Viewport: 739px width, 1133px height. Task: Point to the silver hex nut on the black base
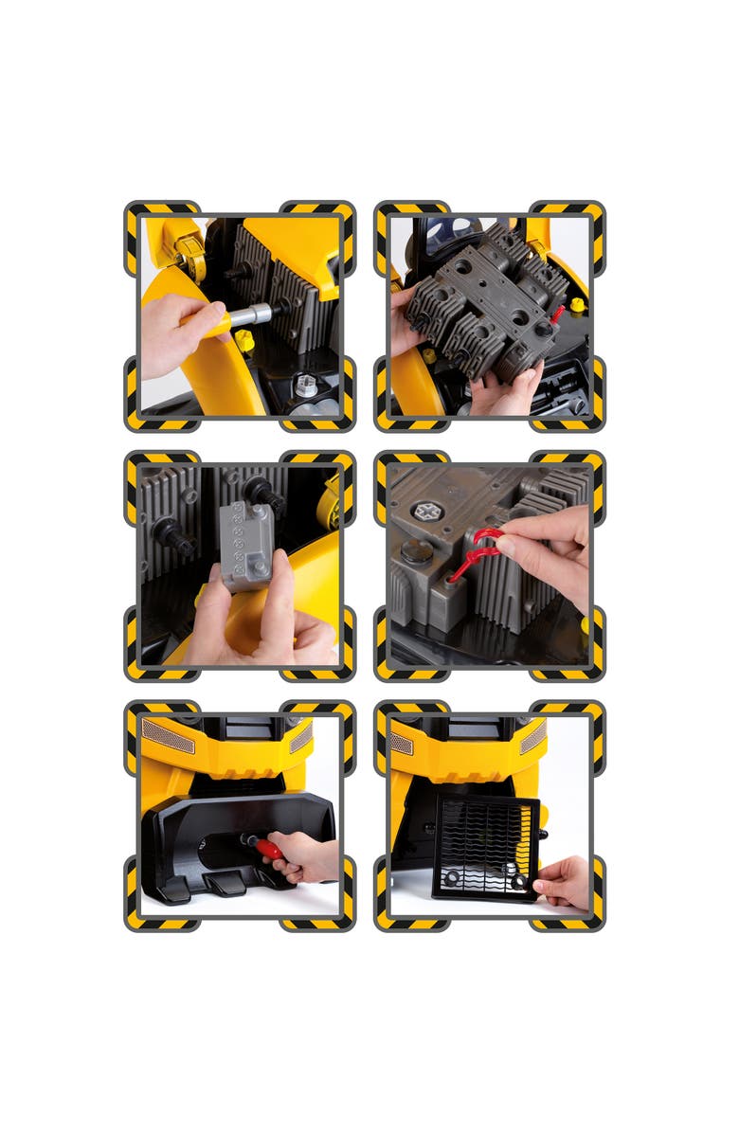(x=304, y=387)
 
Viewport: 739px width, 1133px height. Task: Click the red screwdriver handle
(x=270, y=848)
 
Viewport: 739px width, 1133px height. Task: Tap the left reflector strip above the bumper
(x=168, y=735)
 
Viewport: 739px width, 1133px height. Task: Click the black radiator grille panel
(x=484, y=846)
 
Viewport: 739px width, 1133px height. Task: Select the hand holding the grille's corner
(x=566, y=880)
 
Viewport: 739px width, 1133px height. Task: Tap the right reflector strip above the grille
(x=532, y=737)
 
